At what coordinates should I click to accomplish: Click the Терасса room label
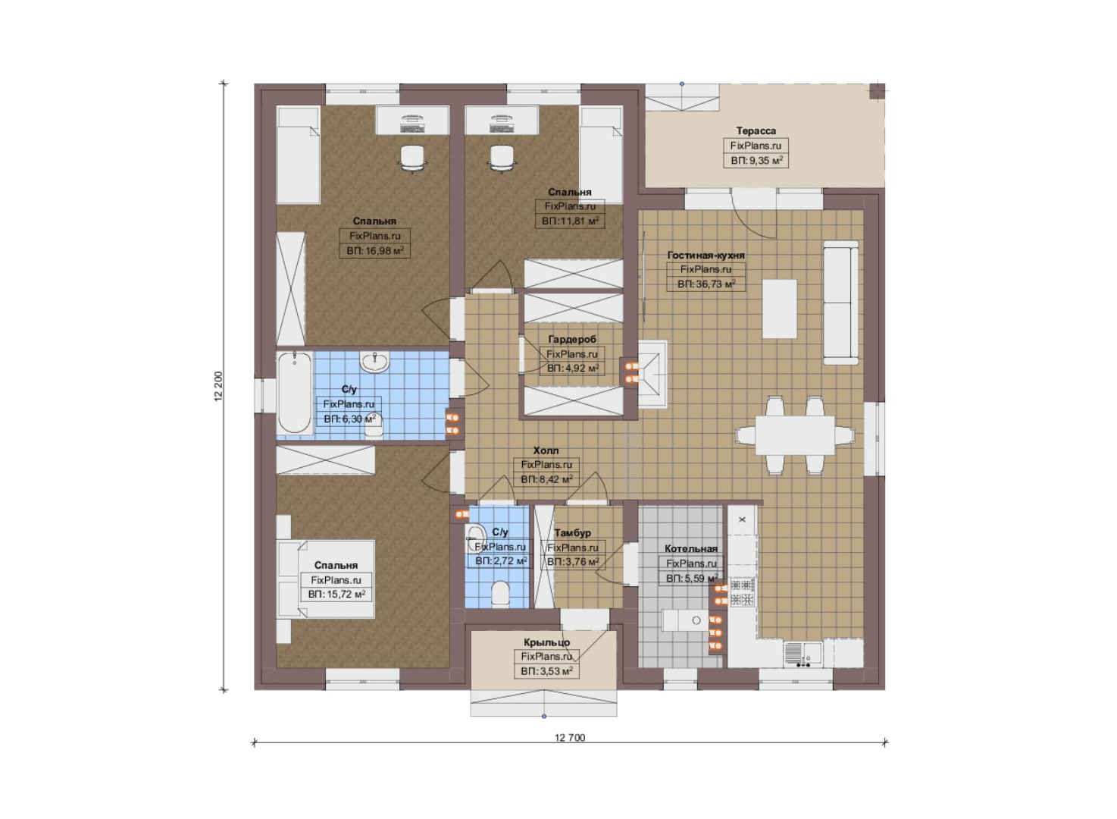[756, 130]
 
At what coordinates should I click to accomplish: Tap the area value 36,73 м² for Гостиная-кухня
[706, 284]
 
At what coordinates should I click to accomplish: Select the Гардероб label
[572, 340]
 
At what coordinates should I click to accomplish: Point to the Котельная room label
[690, 548]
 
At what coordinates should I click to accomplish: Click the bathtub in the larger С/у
[295, 393]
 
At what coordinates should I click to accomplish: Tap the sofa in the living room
[840, 303]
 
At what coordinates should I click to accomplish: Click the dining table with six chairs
[795, 435]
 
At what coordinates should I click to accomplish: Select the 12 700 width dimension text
[569, 738]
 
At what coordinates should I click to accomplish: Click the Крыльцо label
[546, 642]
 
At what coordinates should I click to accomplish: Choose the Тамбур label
[572, 532]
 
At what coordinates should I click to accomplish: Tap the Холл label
[546, 450]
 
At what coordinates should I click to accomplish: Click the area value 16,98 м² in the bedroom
[375, 250]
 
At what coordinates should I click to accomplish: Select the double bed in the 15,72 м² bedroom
[326, 579]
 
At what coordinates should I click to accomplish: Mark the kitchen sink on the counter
[803, 653]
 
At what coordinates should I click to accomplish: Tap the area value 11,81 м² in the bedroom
[569, 221]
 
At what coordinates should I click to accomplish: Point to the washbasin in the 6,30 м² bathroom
[375, 362]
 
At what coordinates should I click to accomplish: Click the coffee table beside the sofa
[780, 309]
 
